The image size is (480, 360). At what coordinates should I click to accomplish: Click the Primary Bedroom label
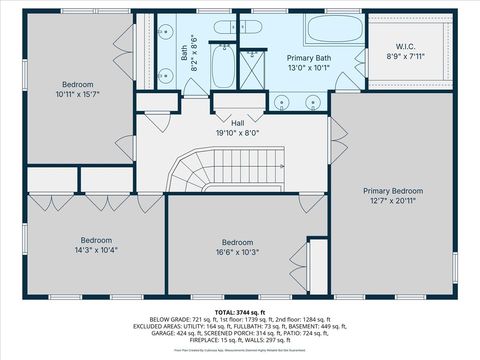[392, 191]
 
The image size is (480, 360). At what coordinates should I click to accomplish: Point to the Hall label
[237, 122]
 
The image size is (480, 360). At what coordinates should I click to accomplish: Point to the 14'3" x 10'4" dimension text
[95, 250]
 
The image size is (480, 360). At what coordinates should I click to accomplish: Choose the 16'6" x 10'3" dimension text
[237, 252]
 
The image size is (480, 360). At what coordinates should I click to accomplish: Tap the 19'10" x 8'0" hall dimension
[237, 131]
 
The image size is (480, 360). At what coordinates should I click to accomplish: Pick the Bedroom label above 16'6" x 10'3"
[237, 243]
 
